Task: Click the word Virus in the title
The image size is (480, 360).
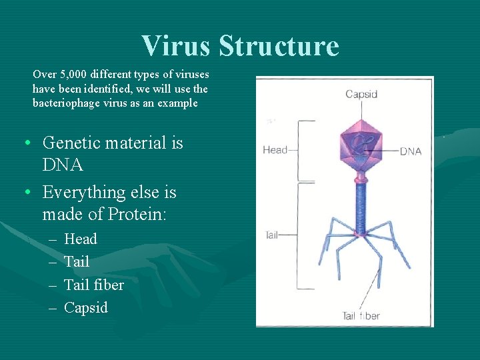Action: [177, 46]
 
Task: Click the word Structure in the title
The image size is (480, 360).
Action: [279, 46]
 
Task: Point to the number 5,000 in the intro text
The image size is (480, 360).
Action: [77, 74]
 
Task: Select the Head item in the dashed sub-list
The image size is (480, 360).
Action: [80, 239]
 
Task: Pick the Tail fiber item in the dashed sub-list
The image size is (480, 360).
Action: [93, 285]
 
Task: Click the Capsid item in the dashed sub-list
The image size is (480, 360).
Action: [85, 307]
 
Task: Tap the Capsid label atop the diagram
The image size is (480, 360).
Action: [361, 94]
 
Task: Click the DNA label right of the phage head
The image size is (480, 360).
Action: [411, 151]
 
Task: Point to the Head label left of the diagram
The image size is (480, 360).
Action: [275, 150]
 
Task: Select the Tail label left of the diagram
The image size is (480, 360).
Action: [271, 235]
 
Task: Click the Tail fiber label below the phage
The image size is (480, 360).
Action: [361, 315]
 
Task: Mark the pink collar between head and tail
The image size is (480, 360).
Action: [360, 179]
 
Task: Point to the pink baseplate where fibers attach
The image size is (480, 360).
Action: [360, 234]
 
